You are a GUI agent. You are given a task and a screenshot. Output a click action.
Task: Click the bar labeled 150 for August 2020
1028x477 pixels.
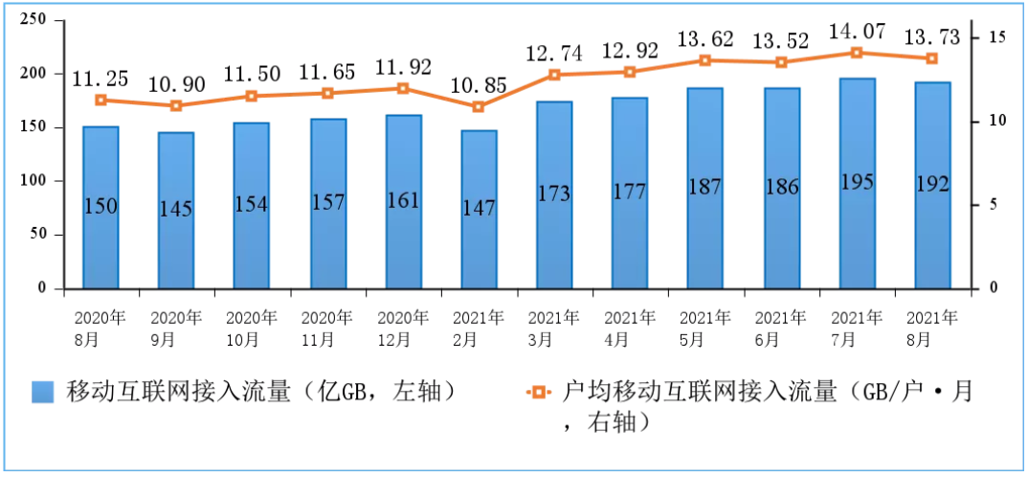pyautogui.click(x=101, y=207)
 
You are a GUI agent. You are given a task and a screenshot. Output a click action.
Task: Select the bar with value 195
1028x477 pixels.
pyautogui.click(x=857, y=183)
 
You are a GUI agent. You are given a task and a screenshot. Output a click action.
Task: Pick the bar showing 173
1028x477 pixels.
pyautogui.click(x=554, y=194)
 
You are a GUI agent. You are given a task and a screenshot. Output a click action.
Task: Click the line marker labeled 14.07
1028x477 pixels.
pyautogui.click(x=857, y=53)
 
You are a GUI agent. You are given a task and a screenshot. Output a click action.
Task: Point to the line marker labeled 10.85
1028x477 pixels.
pyautogui.click(x=479, y=106)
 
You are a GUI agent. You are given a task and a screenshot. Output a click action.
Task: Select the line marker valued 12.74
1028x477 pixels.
pyautogui.click(x=554, y=75)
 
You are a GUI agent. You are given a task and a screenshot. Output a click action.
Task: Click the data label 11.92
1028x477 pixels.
pyautogui.click(x=403, y=67)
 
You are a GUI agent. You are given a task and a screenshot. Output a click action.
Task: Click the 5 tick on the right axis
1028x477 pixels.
pyautogui.click(x=993, y=205)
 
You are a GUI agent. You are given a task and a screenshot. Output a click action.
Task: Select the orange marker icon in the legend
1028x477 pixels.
pyautogui.click(x=538, y=393)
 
